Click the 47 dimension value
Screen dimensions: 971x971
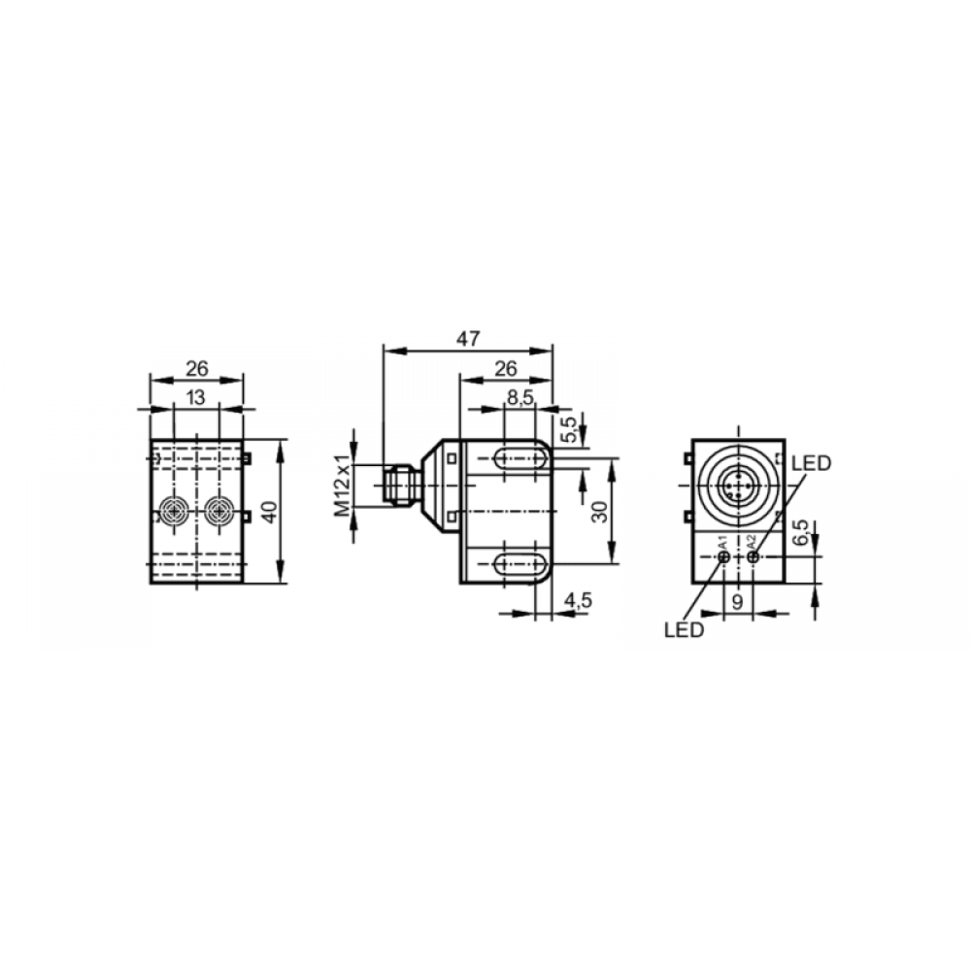[x=468, y=339]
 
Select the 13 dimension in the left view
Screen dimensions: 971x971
[x=196, y=397]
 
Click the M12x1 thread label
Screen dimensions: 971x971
[x=343, y=485]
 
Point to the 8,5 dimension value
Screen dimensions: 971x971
[x=520, y=398]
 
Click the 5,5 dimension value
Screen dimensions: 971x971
[x=569, y=429]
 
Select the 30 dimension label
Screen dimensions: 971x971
[x=600, y=512]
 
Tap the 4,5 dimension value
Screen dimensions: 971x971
[x=579, y=600]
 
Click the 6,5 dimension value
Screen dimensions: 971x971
[x=801, y=532]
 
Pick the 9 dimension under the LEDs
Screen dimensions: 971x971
[x=738, y=601]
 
